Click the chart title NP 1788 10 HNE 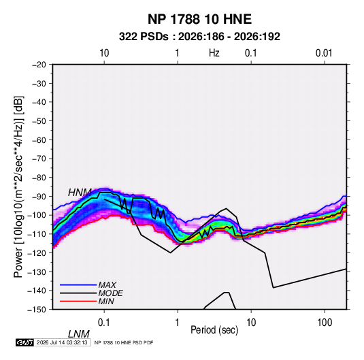199,19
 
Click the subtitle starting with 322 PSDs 199,37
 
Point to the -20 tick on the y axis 39,65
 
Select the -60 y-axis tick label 39,140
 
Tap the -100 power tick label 37,215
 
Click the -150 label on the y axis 37,310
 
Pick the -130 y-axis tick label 37,272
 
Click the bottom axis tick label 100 325,323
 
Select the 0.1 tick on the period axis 104,323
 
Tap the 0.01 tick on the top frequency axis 324,53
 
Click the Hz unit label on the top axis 214,53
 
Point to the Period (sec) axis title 214,330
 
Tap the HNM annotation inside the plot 80,193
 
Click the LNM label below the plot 79,334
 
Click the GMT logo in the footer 25,342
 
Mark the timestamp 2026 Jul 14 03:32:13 62,342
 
